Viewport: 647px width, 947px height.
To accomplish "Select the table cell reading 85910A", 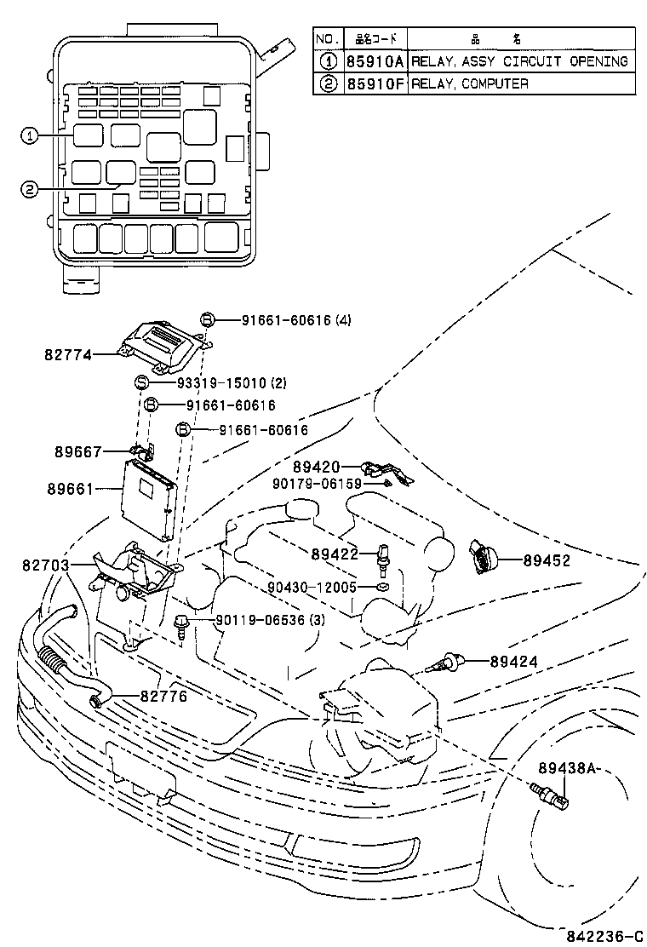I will (375, 61).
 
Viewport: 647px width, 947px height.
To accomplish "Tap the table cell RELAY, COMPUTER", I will (470, 83).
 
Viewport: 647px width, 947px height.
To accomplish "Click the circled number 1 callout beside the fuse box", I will (30, 135).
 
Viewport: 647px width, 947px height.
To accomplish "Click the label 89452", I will (547, 561).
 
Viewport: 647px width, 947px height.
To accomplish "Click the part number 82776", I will (163, 696).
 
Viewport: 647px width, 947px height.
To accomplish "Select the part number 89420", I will (316, 467).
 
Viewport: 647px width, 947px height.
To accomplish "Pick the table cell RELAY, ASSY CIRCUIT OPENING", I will (520, 61).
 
